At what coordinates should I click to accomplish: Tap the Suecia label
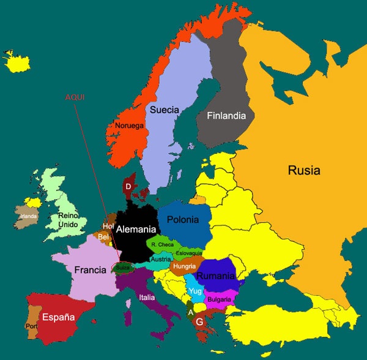[164, 110]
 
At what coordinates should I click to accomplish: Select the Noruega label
[129, 126]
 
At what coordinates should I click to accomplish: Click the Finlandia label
[226, 115]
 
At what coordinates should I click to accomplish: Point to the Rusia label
[304, 170]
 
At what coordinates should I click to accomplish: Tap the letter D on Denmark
[128, 186]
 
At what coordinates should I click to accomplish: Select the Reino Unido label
[69, 220]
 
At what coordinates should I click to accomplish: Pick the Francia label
[91, 269]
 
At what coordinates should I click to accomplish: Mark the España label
[58, 317]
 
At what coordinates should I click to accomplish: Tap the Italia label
[147, 298]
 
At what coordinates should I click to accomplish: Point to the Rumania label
[216, 276]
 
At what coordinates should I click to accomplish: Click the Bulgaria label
[219, 299]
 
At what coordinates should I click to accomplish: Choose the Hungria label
[184, 266]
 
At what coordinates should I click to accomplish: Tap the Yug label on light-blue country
[196, 291]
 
